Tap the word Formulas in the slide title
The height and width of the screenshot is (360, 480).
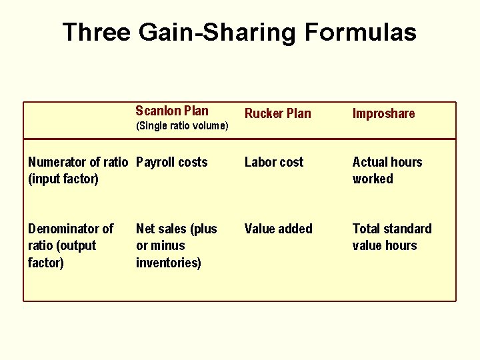point(357,32)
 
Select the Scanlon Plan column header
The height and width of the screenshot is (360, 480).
point(171,111)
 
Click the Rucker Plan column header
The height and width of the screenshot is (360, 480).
point(277,113)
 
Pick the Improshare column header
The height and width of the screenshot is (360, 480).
point(383,113)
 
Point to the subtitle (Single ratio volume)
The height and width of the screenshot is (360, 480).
point(181,126)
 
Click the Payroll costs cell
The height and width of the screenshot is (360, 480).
point(171,162)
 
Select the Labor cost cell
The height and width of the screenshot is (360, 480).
point(273,162)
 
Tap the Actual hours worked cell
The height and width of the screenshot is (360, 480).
point(387,170)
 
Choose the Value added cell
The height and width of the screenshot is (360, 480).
point(278,229)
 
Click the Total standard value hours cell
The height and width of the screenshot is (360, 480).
point(391,237)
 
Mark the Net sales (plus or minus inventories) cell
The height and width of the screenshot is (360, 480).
point(176,245)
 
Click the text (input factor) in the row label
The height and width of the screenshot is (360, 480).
point(63,179)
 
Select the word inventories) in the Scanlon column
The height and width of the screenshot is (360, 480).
point(168,262)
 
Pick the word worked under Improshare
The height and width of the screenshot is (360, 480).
point(373,179)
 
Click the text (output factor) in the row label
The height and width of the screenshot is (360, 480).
point(62,254)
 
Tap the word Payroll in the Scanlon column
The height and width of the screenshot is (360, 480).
point(155,162)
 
